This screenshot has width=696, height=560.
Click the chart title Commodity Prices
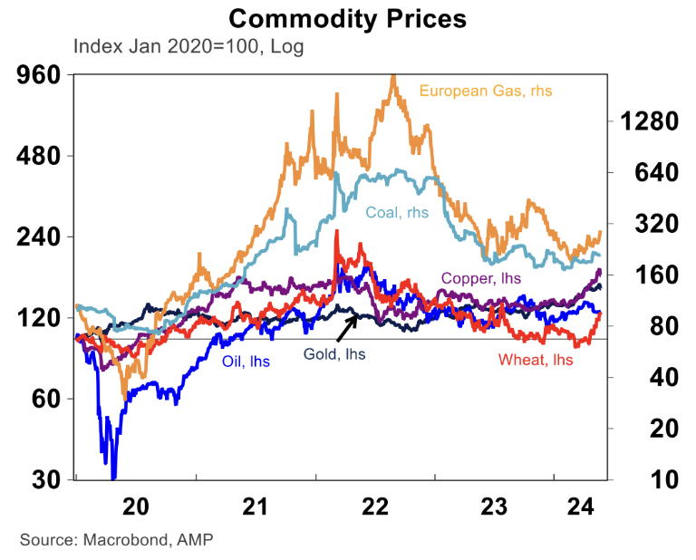pyautogui.click(x=347, y=18)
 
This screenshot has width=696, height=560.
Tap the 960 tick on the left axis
pyautogui.click(x=40, y=75)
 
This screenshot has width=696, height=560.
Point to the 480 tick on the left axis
pyautogui.click(x=40, y=156)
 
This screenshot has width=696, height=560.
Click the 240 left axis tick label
pyautogui.click(x=40, y=237)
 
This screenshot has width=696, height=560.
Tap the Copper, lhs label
pyautogui.click(x=481, y=278)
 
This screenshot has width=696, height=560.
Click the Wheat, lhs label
pyautogui.click(x=536, y=360)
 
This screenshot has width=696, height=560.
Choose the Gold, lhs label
pyautogui.click(x=333, y=354)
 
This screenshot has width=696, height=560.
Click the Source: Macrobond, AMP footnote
pyautogui.click(x=116, y=539)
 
